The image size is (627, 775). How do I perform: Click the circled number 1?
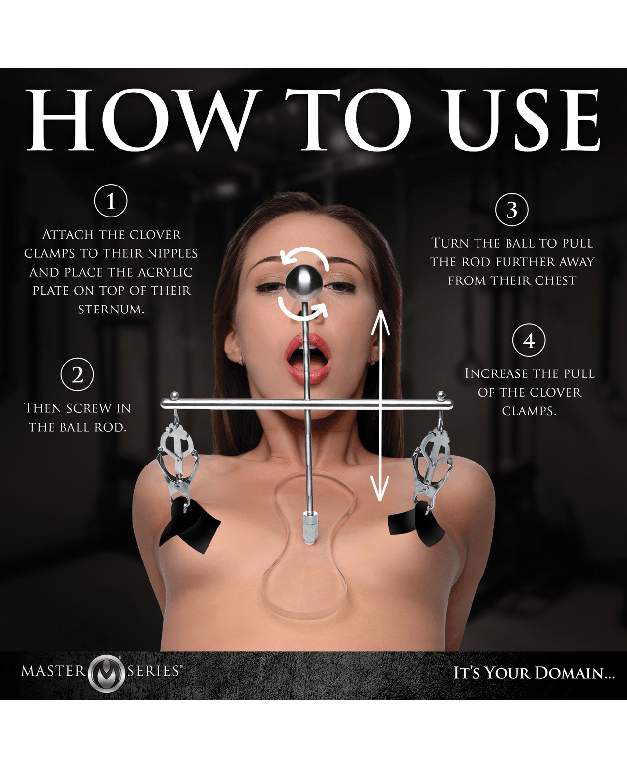coord(111,201)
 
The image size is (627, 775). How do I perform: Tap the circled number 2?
coord(78,374)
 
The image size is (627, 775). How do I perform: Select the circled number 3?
coord(512,209)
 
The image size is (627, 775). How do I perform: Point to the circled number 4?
coord(529,340)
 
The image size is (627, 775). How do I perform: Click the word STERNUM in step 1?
coord(111,310)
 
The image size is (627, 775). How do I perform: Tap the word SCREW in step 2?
coord(87,408)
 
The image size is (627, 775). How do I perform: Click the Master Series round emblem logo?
coord(106,674)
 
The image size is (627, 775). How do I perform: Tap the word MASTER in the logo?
coord(53,671)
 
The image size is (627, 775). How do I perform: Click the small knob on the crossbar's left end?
coord(175,395)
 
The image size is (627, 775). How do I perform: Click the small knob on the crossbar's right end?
coord(441,395)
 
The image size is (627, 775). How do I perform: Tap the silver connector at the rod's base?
coord(308,527)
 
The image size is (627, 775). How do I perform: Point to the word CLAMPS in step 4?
coord(529,411)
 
